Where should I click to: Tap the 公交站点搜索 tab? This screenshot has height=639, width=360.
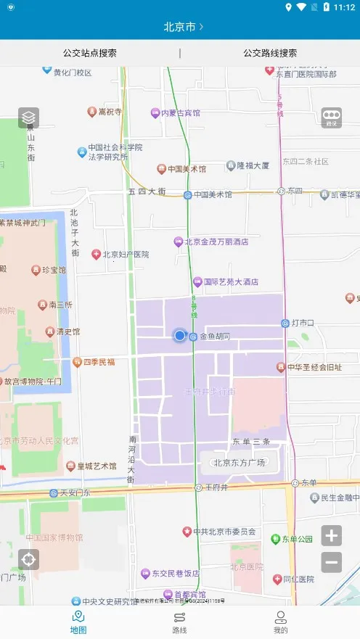click(x=90, y=53)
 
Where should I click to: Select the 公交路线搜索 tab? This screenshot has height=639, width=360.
click(x=270, y=53)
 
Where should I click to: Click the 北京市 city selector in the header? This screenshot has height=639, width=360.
click(x=183, y=27)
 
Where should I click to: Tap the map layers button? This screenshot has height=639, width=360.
click(x=28, y=118)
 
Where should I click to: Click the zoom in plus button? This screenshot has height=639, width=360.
click(x=332, y=536)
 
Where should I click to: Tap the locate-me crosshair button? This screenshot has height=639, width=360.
click(x=28, y=560)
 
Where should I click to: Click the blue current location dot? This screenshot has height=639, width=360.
click(x=179, y=335)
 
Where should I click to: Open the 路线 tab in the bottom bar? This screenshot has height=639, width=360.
click(x=179, y=622)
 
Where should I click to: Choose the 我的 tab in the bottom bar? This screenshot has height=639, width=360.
click(x=280, y=622)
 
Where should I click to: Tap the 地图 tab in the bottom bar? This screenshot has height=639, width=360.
click(x=78, y=622)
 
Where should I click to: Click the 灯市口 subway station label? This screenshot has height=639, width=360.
click(x=302, y=323)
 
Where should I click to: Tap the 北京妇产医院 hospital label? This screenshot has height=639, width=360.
click(x=125, y=255)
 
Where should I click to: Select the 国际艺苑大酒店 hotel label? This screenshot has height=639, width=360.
click(x=230, y=281)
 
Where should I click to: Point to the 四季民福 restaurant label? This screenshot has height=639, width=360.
click(x=98, y=361)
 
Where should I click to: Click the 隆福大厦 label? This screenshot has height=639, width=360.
click(x=253, y=165)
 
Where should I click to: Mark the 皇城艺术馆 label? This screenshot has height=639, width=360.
click(x=97, y=466)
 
